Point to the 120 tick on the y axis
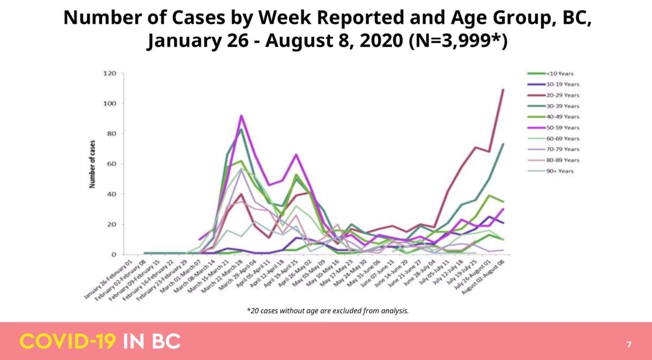[110, 73]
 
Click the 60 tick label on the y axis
[112, 164]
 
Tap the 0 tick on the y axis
[114, 255]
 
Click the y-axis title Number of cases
[92, 163]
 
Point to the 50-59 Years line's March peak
[241, 115]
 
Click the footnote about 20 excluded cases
[327, 311]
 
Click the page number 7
[629, 344]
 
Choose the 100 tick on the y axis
[110, 103]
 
